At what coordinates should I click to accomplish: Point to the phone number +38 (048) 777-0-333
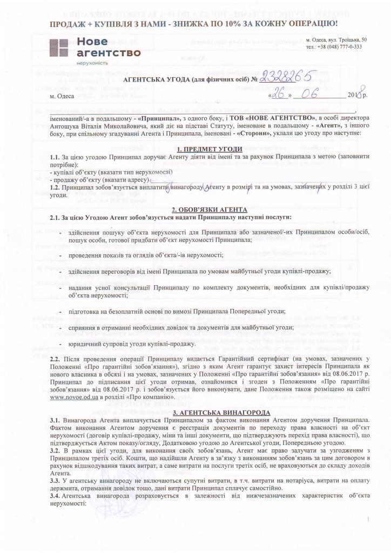pyautogui.click(x=333, y=47)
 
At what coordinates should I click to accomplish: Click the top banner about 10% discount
pyautogui.click(x=194, y=23)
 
